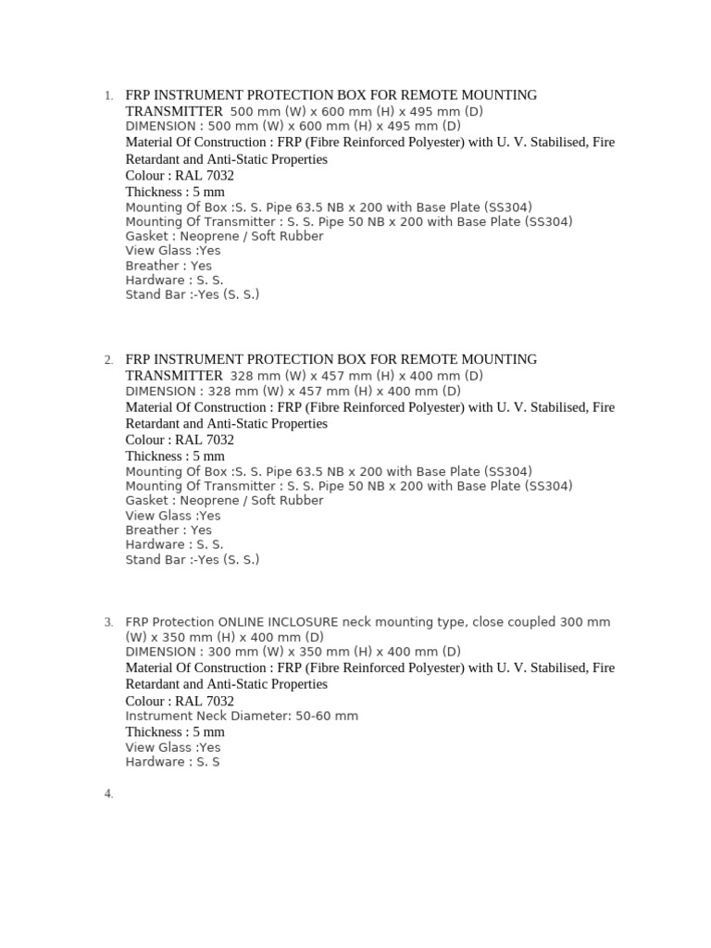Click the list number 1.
(108, 96)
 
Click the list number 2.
(108, 360)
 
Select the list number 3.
(108, 623)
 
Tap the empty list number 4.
(108, 793)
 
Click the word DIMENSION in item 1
(160, 126)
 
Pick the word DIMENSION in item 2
(160, 391)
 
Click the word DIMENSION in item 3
(160, 652)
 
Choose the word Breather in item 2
(152, 530)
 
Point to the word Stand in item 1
(143, 295)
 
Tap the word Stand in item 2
(143, 560)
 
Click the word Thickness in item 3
(154, 732)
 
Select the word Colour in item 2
(146, 440)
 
